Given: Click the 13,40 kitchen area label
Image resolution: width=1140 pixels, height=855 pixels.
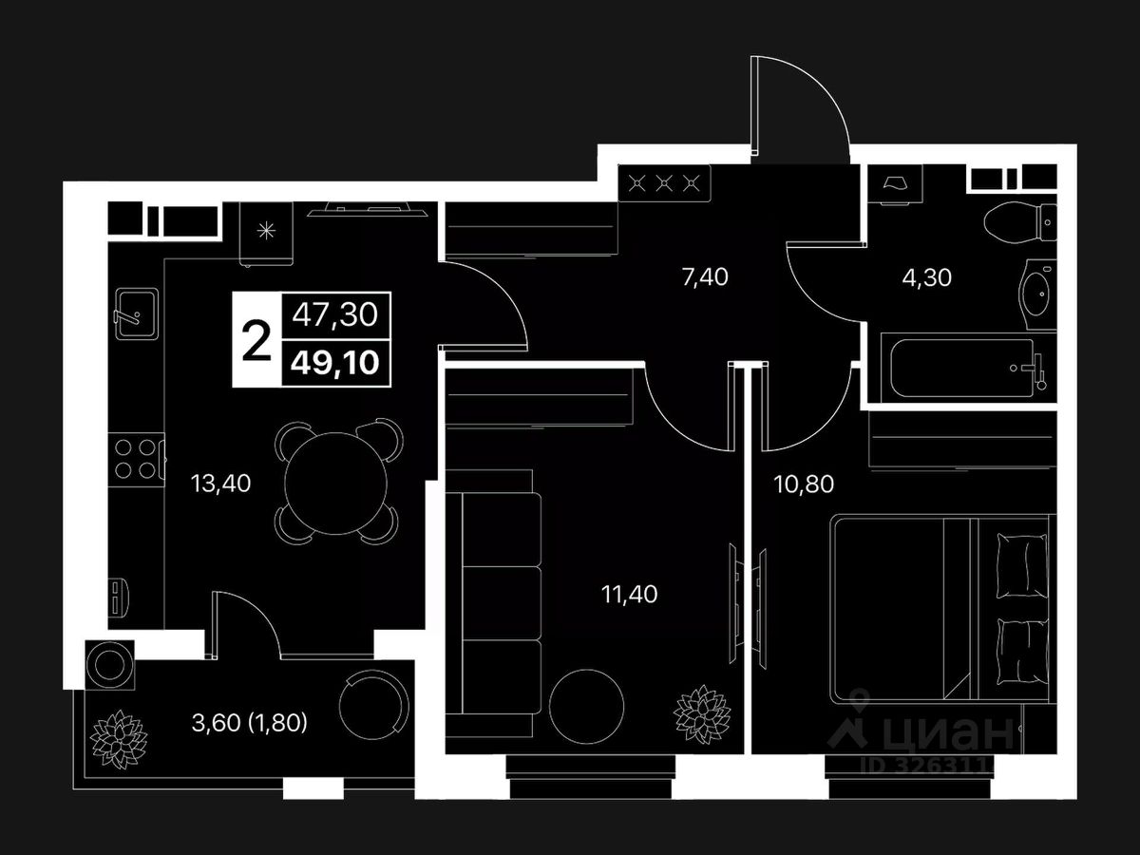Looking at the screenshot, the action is click(220, 484).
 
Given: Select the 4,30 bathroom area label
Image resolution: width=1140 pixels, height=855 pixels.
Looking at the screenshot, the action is click(926, 277).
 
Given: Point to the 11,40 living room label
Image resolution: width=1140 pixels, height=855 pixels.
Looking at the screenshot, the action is click(629, 595).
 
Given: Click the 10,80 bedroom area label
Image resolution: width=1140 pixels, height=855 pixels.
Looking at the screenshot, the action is click(804, 484).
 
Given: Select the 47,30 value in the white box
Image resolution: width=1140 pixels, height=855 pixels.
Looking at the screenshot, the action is click(336, 313).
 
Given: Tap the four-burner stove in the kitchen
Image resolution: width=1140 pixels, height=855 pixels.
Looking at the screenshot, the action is click(135, 458).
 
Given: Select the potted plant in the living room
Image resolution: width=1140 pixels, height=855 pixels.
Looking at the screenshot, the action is click(702, 712).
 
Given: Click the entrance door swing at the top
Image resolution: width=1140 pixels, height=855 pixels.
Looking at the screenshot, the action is click(798, 104).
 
